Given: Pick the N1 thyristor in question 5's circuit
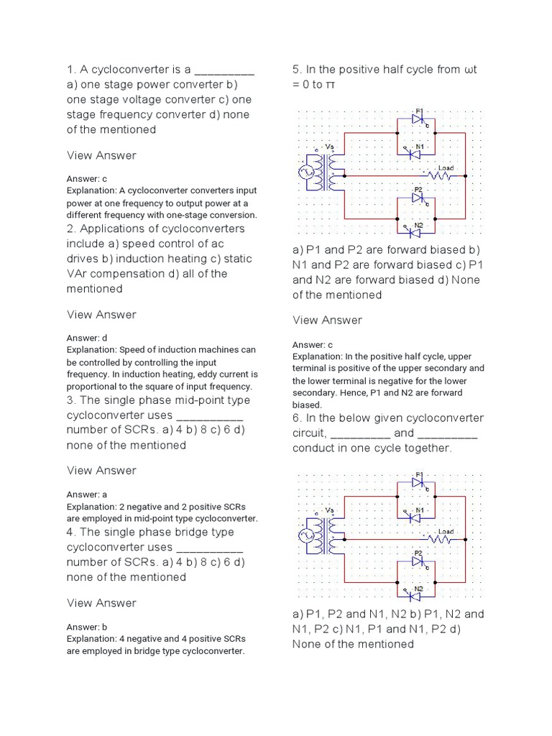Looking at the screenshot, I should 415,153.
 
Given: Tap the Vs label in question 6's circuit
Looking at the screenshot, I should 330,510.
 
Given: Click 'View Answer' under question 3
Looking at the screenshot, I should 101,470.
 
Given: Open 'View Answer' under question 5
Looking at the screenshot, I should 327,320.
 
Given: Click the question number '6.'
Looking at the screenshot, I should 298,418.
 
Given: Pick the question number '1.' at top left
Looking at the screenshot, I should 72,70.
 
